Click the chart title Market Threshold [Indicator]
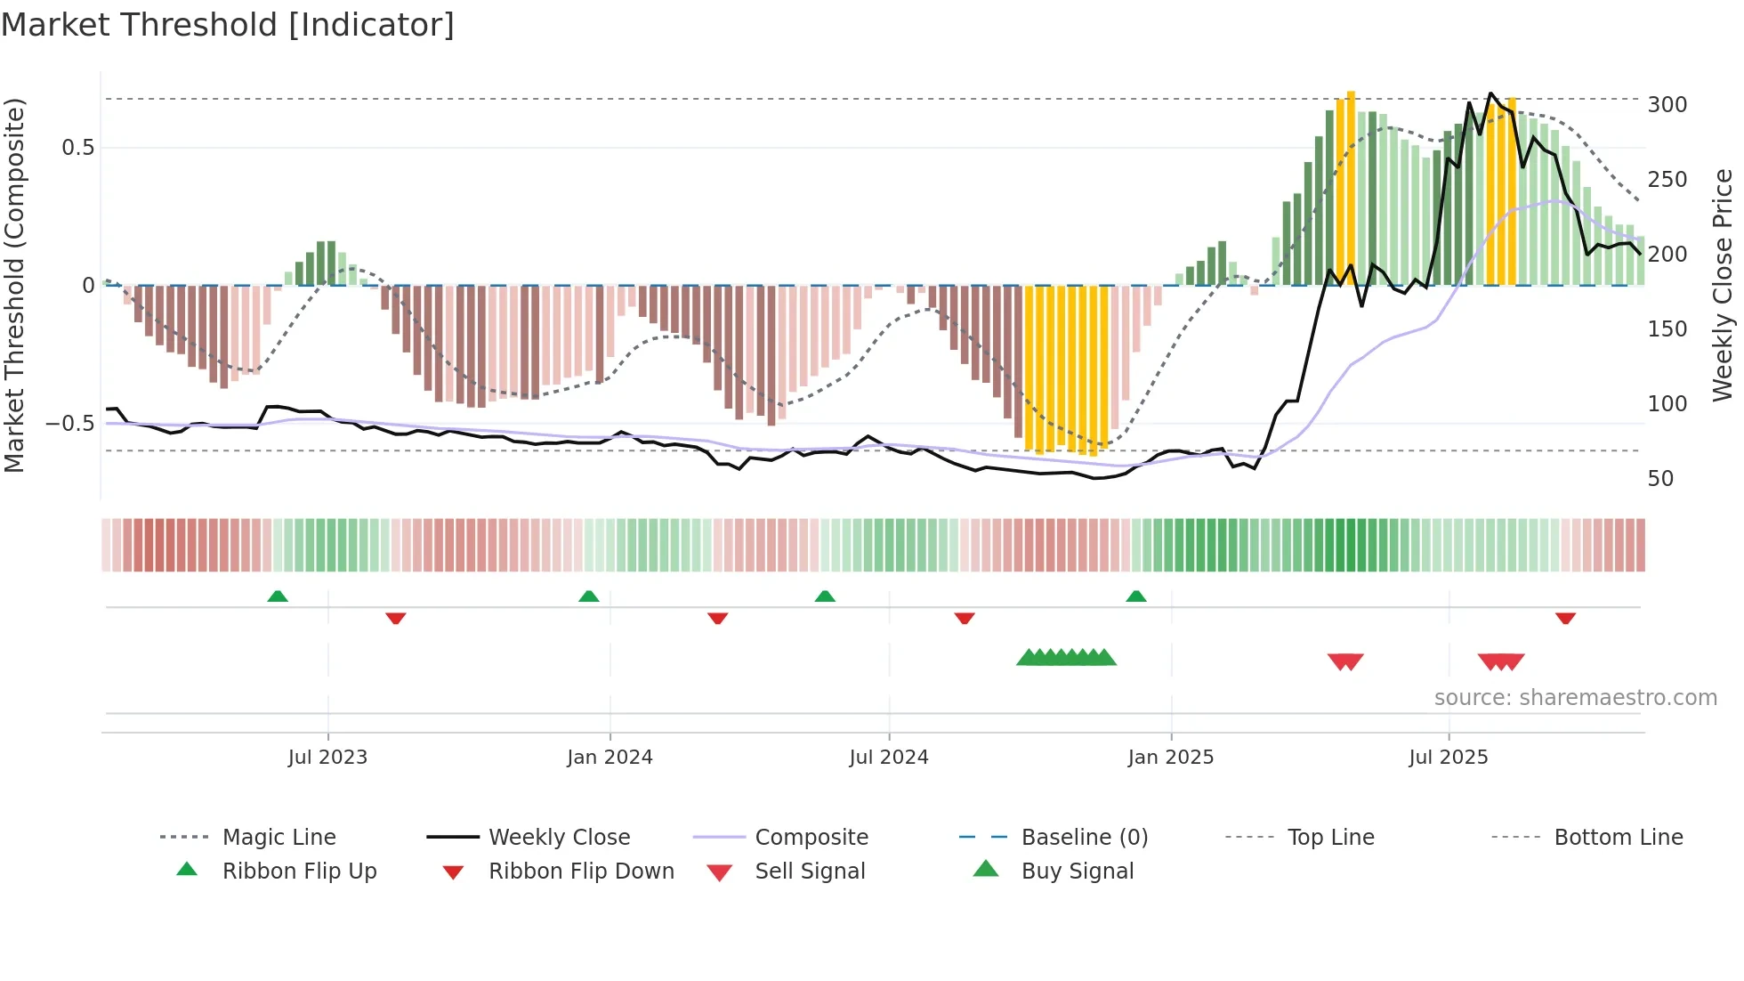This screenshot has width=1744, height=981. click(x=228, y=25)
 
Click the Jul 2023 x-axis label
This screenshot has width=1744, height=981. click(x=327, y=758)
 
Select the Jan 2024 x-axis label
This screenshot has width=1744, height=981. click(x=610, y=758)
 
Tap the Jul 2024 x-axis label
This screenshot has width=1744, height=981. click(x=888, y=758)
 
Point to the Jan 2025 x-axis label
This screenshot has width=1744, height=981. click(x=1170, y=758)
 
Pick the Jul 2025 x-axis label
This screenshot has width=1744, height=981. click(x=1448, y=758)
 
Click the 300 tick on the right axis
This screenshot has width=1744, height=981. click(x=1667, y=105)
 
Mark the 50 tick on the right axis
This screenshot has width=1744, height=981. click(x=1660, y=479)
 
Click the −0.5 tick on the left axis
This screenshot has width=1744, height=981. click(x=70, y=424)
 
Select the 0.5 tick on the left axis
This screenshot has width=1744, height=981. click(x=77, y=148)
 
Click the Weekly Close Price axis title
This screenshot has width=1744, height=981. click(x=1723, y=285)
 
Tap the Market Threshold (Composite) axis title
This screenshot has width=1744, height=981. click(x=14, y=285)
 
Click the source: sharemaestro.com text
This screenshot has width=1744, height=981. click(x=1575, y=698)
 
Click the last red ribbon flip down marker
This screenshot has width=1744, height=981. click(x=1565, y=618)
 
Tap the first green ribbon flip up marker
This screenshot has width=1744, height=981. click(x=278, y=596)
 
